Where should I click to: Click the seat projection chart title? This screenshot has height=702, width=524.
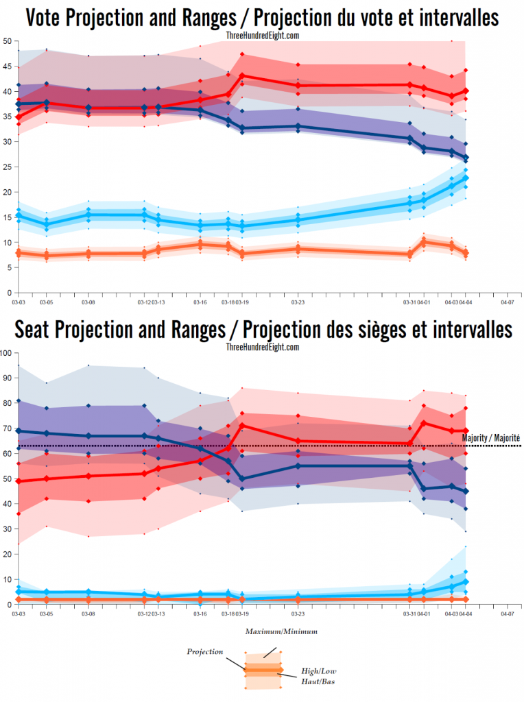(x=262, y=330)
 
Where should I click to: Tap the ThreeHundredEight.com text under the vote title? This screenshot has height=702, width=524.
(x=262, y=35)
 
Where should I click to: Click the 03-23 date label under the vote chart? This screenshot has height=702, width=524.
(x=297, y=301)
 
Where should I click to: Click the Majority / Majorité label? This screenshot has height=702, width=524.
(x=491, y=437)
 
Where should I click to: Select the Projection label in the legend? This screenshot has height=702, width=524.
(x=205, y=651)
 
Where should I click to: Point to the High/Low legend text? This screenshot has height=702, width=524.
(x=319, y=670)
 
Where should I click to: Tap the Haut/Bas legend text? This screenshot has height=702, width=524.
(x=318, y=681)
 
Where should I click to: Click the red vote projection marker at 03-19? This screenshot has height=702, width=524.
(x=243, y=75)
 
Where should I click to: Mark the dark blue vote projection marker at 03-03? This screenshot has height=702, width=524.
(x=19, y=104)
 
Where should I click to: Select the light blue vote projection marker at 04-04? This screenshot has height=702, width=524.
(x=466, y=178)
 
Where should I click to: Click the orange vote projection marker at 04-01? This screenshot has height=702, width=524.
(x=423, y=241)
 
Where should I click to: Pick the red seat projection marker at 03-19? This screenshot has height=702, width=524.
(x=243, y=425)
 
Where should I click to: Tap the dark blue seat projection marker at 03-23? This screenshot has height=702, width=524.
(x=297, y=465)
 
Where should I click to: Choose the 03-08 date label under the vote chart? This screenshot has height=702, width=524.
(x=88, y=301)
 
